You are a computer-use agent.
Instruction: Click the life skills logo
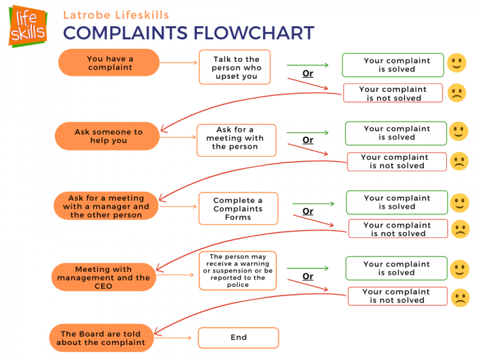(x=27, y=26)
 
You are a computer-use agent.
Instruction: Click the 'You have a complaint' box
(x=109, y=62)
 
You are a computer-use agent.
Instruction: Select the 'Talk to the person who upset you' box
(x=234, y=67)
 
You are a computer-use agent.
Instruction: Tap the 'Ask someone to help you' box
(x=107, y=136)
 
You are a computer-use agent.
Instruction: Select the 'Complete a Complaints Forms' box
(x=237, y=209)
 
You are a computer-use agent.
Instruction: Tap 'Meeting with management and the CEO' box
(x=103, y=277)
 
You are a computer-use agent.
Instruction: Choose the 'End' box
(x=238, y=337)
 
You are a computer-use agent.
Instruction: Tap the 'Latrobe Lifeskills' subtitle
(x=116, y=14)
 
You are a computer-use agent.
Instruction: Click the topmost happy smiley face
(x=456, y=63)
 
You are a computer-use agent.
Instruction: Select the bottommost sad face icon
(x=460, y=297)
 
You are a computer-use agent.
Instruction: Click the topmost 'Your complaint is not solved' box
(x=392, y=93)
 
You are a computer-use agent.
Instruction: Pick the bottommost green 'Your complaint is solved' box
(x=396, y=268)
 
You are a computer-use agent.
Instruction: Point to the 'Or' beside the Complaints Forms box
(x=307, y=211)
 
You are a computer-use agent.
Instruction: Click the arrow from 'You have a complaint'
(x=179, y=62)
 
